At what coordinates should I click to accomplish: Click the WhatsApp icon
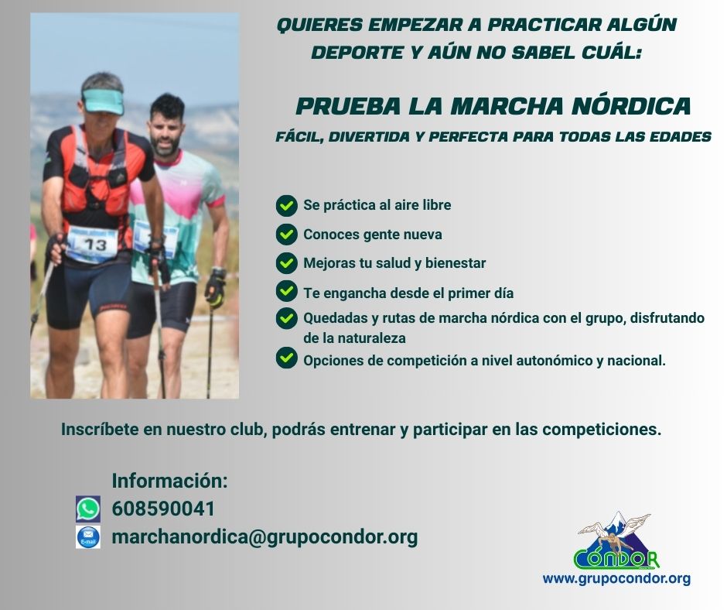[x=88, y=509]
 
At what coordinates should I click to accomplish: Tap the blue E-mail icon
[x=88, y=537]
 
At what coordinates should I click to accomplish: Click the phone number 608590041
[x=163, y=509]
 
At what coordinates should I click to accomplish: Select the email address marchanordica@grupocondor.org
[x=265, y=537]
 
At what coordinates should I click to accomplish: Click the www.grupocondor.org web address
[x=616, y=578]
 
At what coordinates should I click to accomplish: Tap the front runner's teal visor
[x=103, y=101]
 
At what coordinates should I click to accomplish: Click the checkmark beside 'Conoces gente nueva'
[x=286, y=235]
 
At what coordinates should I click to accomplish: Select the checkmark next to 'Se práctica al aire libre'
[x=286, y=205]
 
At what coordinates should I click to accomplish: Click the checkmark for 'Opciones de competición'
[x=286, y=358]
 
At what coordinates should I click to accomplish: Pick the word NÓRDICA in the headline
[x=632, y=105]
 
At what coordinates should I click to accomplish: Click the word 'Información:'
[x=169, y=481]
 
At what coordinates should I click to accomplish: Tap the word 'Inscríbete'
[x=100, y=430]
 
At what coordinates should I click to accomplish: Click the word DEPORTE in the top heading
[x=357, y=53]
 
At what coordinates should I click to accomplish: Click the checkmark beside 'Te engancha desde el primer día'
[x=286, y=292]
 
